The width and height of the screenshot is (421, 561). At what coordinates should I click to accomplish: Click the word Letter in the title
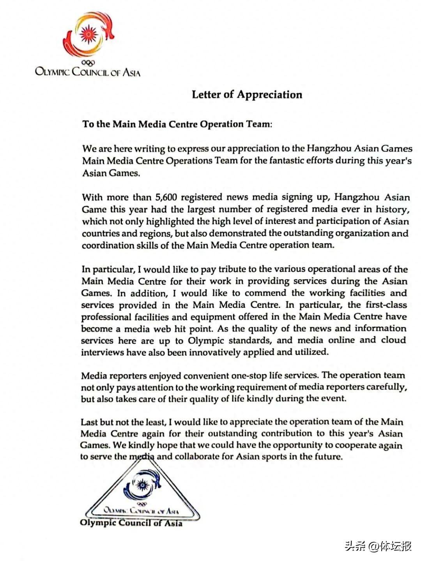click(x=206, y=95)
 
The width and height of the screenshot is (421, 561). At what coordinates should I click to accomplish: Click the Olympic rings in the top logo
click(x=88, y=63)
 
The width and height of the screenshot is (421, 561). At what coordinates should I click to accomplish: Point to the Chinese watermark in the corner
click(x=378, y=546)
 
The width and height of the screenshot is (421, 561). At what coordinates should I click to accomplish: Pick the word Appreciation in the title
click(x=270, y=95)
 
